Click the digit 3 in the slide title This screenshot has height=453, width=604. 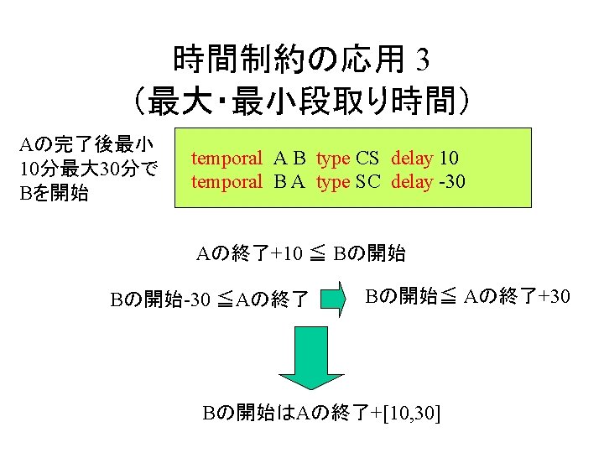tap(422, 60)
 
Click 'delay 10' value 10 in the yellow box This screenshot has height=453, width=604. tap(449, 158)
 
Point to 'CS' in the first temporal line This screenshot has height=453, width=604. tap(367, 158)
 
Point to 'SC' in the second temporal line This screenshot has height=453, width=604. tap(367, 181)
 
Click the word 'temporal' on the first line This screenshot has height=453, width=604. tap(226, 158)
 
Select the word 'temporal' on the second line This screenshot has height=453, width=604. tap(226, 181)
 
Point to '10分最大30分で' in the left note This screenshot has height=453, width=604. tap(88, 170)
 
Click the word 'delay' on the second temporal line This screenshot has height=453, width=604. tap(412, 181)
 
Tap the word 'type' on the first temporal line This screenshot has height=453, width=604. tap(333, 158)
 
